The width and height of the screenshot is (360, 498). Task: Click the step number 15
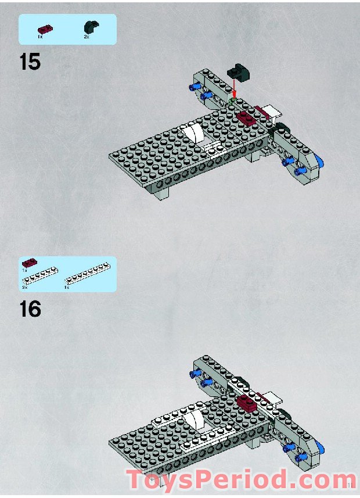(x=30, y=61)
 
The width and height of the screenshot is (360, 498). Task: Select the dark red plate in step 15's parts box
(x=44, y=28)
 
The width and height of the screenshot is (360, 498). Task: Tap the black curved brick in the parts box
(x=91, y=26)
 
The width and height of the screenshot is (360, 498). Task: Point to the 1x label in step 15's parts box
(x=40, y=37)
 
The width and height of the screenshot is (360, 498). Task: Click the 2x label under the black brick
(x=86, y=37)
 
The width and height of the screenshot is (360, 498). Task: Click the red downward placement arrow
(x=235, y=90)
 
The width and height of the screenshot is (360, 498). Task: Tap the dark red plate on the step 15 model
(x=246, y=118)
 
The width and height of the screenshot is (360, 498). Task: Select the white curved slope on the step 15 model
(x=195, y=134)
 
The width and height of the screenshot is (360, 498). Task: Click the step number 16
(x=30, y=309)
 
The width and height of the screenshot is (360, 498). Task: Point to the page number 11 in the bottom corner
(x=351, y=485)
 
